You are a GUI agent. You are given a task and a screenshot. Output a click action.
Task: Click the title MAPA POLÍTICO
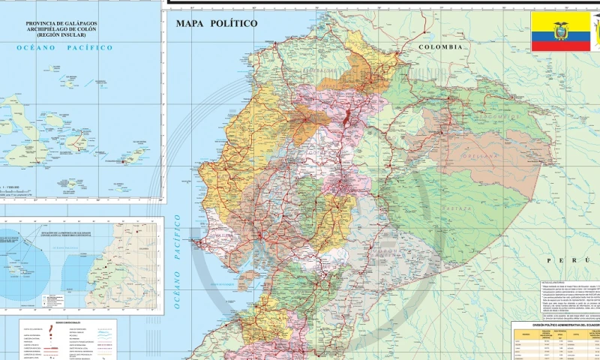pos(216,23)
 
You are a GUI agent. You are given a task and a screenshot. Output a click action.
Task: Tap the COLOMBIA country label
pos(442,46)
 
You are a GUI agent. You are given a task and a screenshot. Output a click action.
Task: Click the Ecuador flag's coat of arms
pos(560,31)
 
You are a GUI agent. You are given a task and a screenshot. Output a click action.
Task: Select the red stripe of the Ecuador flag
pos(560,47)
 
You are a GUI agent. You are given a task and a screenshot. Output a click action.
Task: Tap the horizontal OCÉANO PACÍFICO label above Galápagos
pos(64,47)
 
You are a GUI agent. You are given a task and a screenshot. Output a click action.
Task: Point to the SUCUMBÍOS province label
pos(495,117)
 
